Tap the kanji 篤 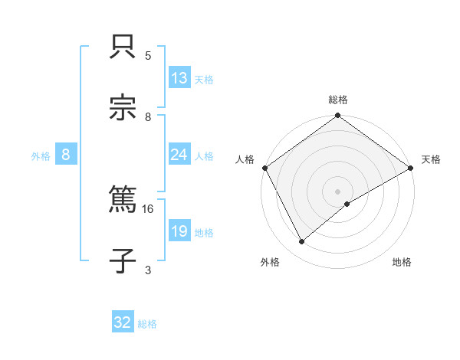point(123,200)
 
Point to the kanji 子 point(123,260)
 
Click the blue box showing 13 point(179,79)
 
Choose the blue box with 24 point(179,155)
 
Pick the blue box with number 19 point(179,231)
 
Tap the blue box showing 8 point(66,155)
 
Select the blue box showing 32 point(123,322)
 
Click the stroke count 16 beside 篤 point(149,208)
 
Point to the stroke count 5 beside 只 point(148,56)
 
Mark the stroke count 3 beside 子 point(148,270)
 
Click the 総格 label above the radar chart point(338,100)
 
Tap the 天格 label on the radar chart point(431,159)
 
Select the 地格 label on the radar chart point(402,263)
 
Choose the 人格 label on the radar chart point(245,159)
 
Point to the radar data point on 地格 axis point(347,204)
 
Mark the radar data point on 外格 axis point(302,242)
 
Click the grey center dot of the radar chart point(338,191)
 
